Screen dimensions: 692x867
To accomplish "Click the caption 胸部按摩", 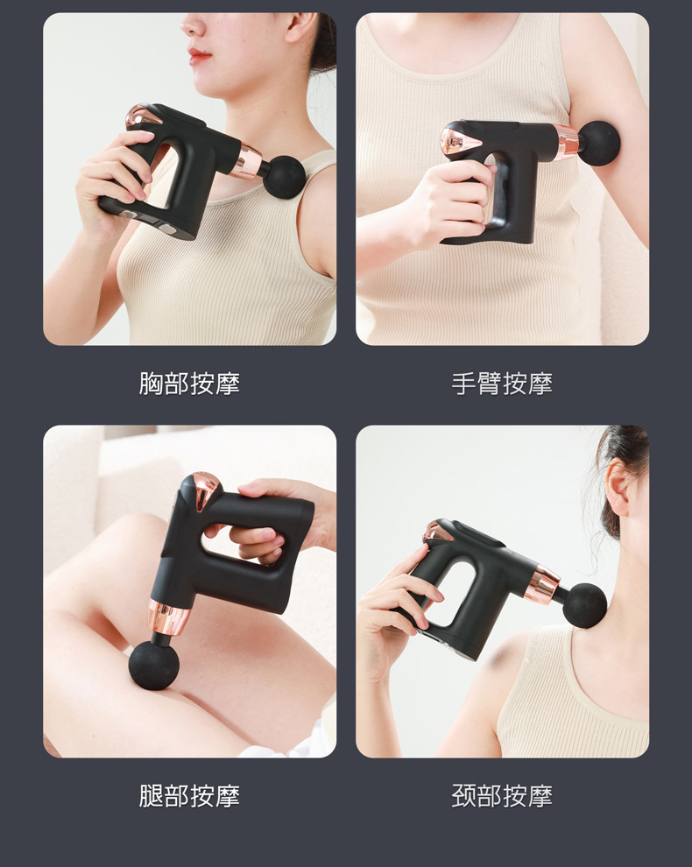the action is pyautogui.click(x=189, y=384).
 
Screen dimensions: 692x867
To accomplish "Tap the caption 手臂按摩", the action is pyautogui.click(x=502, y=384).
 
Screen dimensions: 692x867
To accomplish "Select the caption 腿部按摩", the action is pyautogui.click(x=189, y=796).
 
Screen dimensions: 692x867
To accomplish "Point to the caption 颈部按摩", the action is pyautogui.click(x=502, y=796).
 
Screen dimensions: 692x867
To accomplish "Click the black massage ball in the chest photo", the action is pyautogui.click(x=284, y=176).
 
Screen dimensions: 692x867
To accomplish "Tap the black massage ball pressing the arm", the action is pyautogui.click(x=598, y=144).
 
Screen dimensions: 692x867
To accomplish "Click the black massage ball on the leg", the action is pyautogui.click(x=154, y=664).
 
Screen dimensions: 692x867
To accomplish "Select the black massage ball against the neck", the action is pyautogui.click(x=584, y=605).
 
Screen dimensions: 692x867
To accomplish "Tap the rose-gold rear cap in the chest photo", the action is pyautogui.click(x=142, y=116).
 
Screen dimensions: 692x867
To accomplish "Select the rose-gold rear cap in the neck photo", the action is pyautogui.click(x=438, y=532).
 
